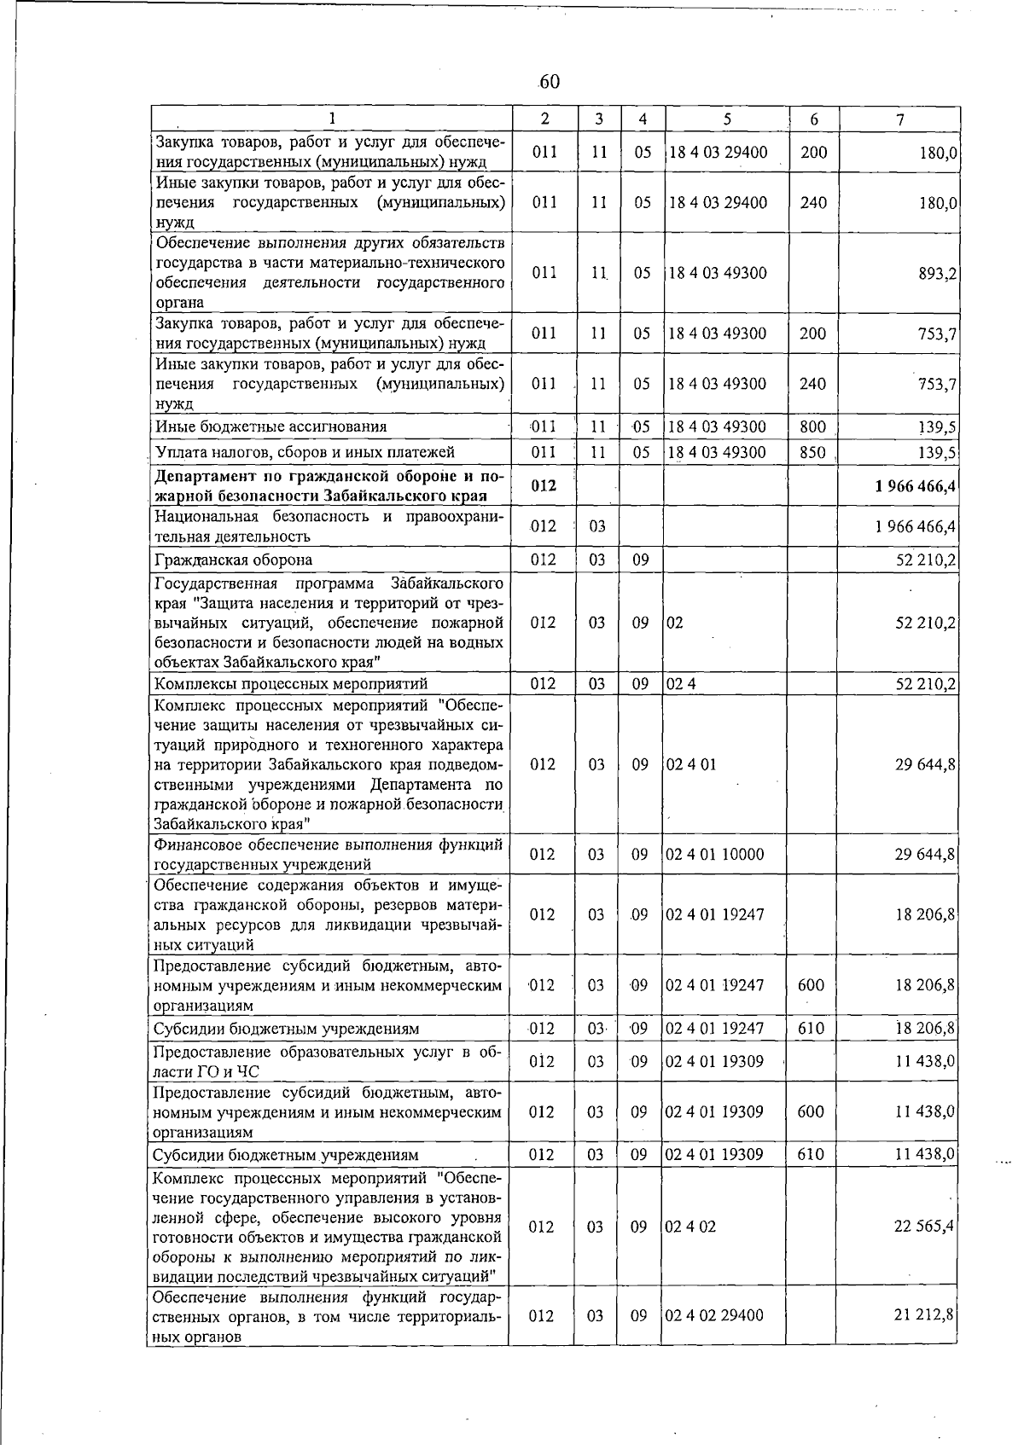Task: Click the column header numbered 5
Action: coord(726,120)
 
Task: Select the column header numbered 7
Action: coord(900,120)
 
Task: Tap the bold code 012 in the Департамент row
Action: coord(544,485)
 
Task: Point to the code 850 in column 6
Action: coord(812,452)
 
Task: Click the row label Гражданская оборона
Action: coord(233,560)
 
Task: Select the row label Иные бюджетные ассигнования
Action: coord(271,426)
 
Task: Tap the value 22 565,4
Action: coord(925,1227)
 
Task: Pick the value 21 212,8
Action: coord(925,1315)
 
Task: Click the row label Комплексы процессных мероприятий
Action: coord(290,683)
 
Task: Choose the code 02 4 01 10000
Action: coord(714,854)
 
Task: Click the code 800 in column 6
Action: coord(812,426)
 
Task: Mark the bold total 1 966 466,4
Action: coord(914,486)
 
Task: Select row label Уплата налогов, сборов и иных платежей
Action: coord(304,452)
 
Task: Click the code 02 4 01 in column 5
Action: coord(690,764)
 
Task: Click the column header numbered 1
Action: coord(331,120)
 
